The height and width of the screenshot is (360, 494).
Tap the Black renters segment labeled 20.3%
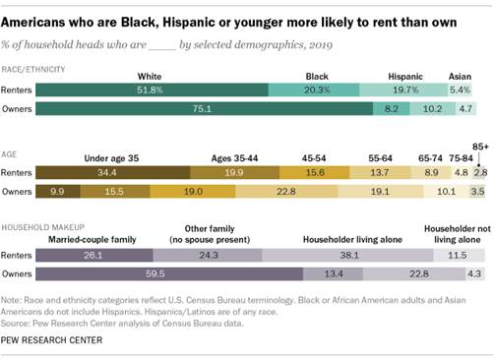coord(314,89)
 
